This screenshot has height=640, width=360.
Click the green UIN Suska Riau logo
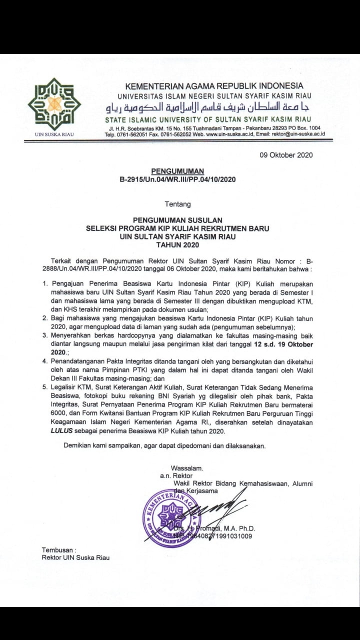(x=53, y=104)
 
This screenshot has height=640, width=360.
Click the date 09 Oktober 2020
(x=286, y=154)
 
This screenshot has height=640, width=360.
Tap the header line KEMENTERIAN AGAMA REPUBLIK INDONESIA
(x=214, y=85)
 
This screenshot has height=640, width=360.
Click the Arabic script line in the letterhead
(x=208, y=108)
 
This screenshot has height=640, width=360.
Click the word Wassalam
(x=187, y=468)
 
